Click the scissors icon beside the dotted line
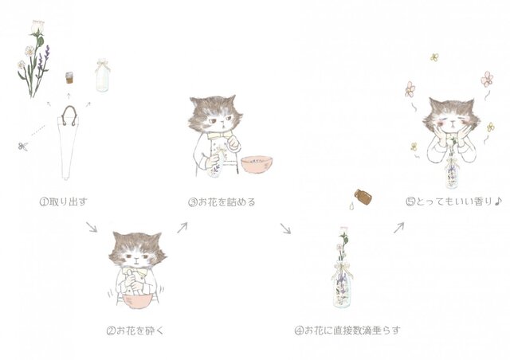click(x=23, y=147)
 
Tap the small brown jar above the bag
click(x=69, y=78)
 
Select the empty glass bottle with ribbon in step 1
click(x=103, y=75)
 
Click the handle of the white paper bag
click(x=69, y=115)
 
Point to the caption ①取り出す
click(x=64, y=202)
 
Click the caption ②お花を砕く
click(x=135, y=331)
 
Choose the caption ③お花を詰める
click(x=222, y=202)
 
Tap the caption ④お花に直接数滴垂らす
click(x=347, y=331)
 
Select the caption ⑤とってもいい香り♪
click(x=454, y=202)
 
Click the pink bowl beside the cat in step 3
click(x=257, y=165)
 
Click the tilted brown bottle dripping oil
click(x=363, y=197)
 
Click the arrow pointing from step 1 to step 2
click(x=92, y=227)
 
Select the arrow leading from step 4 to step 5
click(x=398, y=227)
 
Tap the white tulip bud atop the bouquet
click(x=37, y=26)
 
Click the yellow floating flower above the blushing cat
click(x=434, y=57)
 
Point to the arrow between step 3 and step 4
click(x=285, y=228)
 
